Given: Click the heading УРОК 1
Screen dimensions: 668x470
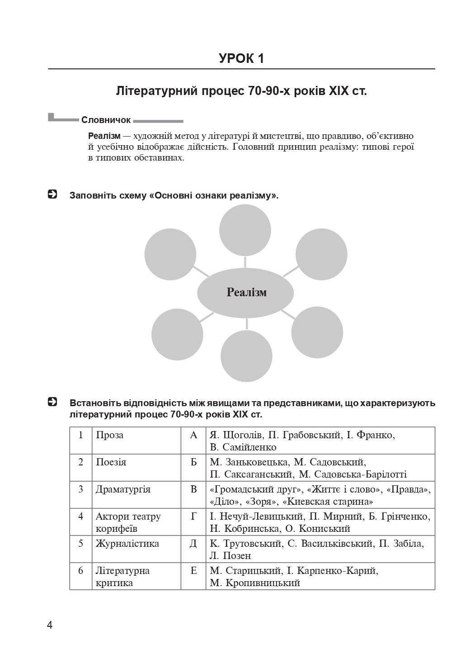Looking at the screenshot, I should pos(241,58).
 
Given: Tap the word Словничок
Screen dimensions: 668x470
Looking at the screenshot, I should pos(106,120).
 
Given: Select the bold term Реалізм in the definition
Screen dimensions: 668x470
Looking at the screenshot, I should pos(104,136).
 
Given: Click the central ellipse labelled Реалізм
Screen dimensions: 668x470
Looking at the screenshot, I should pos(246,293).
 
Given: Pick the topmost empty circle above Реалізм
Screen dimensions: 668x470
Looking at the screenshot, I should pos(245,230).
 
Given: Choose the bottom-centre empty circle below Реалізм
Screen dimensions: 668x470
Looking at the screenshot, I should pos(247,356).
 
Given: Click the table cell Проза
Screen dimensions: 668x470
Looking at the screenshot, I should pos(109,435).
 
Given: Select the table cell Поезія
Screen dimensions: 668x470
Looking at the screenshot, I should pos(111,462).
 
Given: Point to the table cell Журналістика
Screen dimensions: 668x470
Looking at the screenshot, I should pos(127,544).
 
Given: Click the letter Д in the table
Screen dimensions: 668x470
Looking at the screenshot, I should pos(193,544).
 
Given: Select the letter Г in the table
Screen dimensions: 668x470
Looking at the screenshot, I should pos(193,516).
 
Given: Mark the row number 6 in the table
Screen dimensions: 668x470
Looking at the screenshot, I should pos(81,571).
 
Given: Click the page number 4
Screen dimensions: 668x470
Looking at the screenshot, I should pos(50,625).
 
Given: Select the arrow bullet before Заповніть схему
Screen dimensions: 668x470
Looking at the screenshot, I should pos(52,195).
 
